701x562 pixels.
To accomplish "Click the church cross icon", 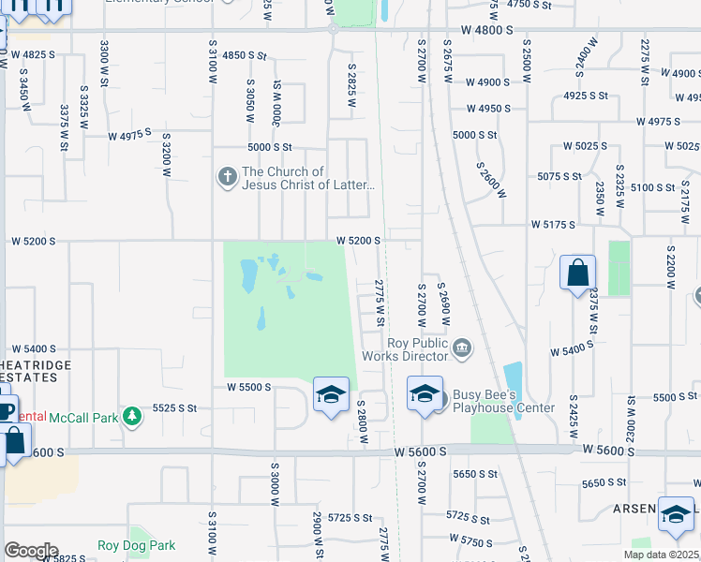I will pyautogui.click(x=226, y=176).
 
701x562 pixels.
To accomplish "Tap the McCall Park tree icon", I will pyautogui.click(x=132, y=416).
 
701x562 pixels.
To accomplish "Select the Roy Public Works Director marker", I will pyautogui.click(x=461, y=349).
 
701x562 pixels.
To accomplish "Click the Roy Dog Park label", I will pyautogui.click(x=136, y=545).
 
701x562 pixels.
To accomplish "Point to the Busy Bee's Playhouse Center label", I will pyautogui.click(x=503, y=401).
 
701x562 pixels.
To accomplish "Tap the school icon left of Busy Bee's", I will pyautogui.click(x=425, y=393).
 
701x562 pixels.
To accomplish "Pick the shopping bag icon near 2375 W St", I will pyautogui.click(x=578, y=274).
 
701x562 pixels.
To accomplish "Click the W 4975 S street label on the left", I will pyautogui.click(x=129, y=136).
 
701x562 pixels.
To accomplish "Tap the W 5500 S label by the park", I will pyautogui.click(x=248, y=387).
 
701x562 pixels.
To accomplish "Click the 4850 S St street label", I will pyautogui.click(x=246, y=56).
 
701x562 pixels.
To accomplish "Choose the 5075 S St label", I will pyautogui.click(x=561, y=176).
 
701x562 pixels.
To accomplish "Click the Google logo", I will pyautogui.click(x=31, y=551).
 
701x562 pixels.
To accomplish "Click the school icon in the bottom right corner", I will pyautogui.click(x=676, y=514).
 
